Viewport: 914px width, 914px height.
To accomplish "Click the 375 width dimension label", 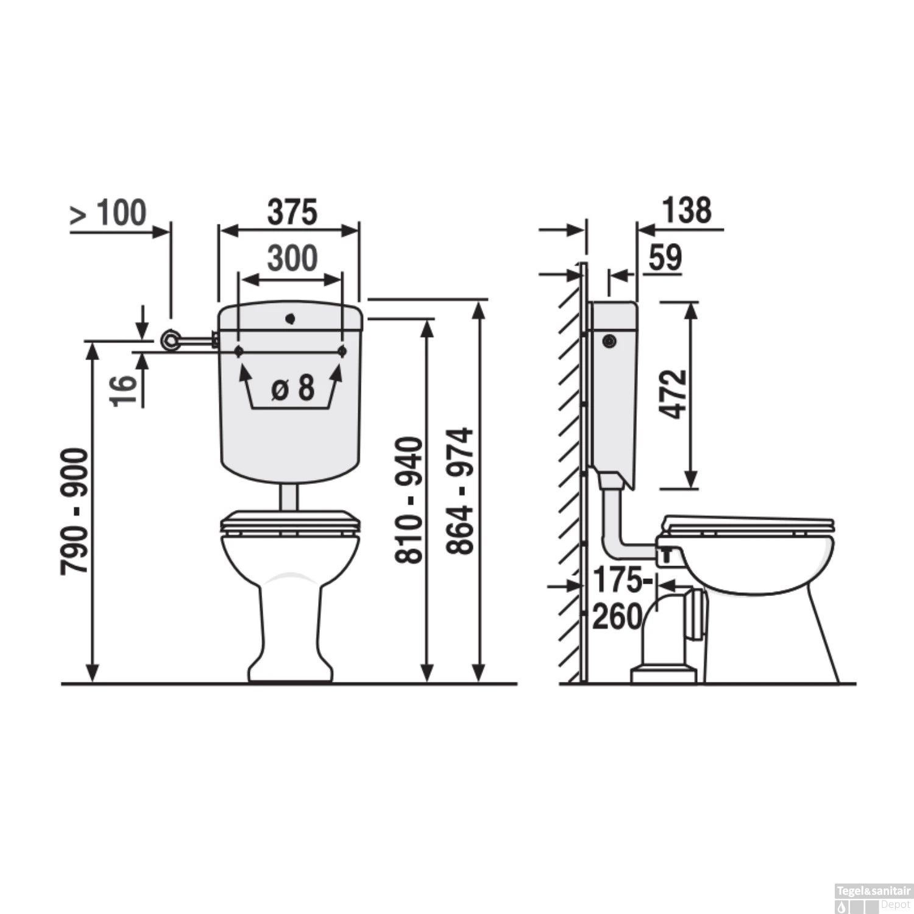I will click(292, 212).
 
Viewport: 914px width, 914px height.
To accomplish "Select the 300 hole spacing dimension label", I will click(292, 258).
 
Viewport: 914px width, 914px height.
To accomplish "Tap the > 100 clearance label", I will click(108, 213).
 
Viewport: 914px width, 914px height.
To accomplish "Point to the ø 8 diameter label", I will click(292, 388).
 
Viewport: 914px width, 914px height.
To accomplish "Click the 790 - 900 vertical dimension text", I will click(75, 511).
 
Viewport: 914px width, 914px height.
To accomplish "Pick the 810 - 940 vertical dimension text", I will click(408, 500).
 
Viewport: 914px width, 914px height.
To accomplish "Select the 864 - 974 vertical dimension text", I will click(459, 491).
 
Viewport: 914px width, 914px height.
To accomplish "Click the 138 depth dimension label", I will click(687, 211).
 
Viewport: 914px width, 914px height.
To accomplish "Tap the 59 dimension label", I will click(665, 258).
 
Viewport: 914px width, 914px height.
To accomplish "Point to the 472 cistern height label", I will click(674, 394).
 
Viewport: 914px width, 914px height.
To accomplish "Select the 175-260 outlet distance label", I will click(618, 598).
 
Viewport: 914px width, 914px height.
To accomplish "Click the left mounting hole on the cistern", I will click(239, 351).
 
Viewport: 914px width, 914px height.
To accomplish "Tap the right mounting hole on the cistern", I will click(342, 351).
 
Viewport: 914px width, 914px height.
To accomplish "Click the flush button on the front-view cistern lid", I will click(291, 318).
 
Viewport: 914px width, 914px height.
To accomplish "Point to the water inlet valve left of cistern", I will click(171, 340).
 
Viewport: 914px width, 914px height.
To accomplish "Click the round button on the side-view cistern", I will click(609, 341).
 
